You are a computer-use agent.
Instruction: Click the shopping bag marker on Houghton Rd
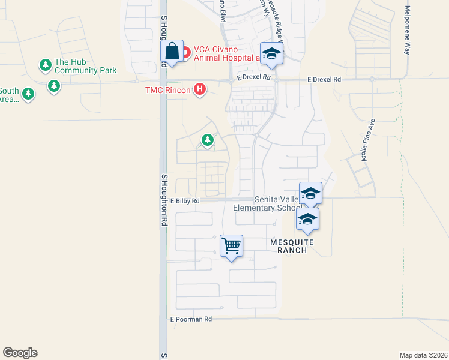172,52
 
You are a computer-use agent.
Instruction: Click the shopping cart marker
231,245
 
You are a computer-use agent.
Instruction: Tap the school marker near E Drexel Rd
271,54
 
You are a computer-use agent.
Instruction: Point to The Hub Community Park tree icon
45,64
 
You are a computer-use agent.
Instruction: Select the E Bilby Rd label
185,202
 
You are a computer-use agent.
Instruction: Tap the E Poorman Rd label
191,319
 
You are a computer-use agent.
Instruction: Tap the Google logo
20,353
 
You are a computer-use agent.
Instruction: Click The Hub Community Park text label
85,66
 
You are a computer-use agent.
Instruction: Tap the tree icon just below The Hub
54,86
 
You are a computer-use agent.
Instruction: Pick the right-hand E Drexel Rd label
324,79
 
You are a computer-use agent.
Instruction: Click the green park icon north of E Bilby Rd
208,140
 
